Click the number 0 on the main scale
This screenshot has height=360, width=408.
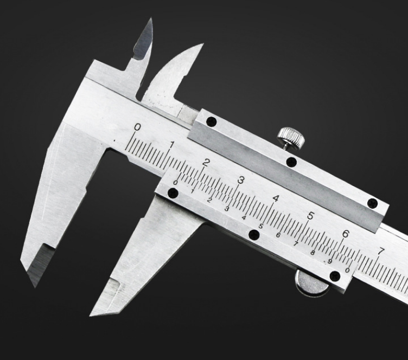tap(137, 127)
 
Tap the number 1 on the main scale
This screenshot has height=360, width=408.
tap(172, 145)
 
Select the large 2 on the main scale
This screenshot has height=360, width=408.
tap(206, 163)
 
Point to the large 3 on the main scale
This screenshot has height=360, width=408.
tap(241, 180)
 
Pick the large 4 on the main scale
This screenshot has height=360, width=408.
tap(276, 198)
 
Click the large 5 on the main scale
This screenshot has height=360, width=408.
tap(311, 216)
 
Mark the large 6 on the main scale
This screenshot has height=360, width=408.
tap(345, 234)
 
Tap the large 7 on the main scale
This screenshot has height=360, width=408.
tap(380, 252)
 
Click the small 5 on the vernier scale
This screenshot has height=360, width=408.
tap(261, 226)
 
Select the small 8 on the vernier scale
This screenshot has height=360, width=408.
tap(313, 253)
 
